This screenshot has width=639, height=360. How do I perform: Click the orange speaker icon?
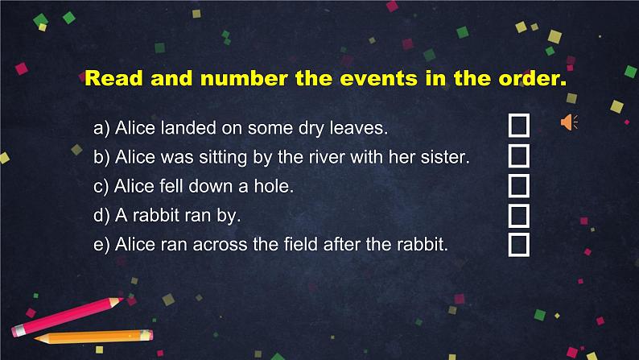569,122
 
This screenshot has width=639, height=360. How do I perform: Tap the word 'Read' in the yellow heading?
113,78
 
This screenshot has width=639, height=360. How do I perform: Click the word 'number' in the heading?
244,78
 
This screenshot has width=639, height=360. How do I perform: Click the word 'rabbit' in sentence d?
156,215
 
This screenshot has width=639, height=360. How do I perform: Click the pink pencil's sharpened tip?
122,300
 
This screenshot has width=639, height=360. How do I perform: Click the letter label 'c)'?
101,187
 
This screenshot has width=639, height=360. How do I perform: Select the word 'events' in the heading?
378,78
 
